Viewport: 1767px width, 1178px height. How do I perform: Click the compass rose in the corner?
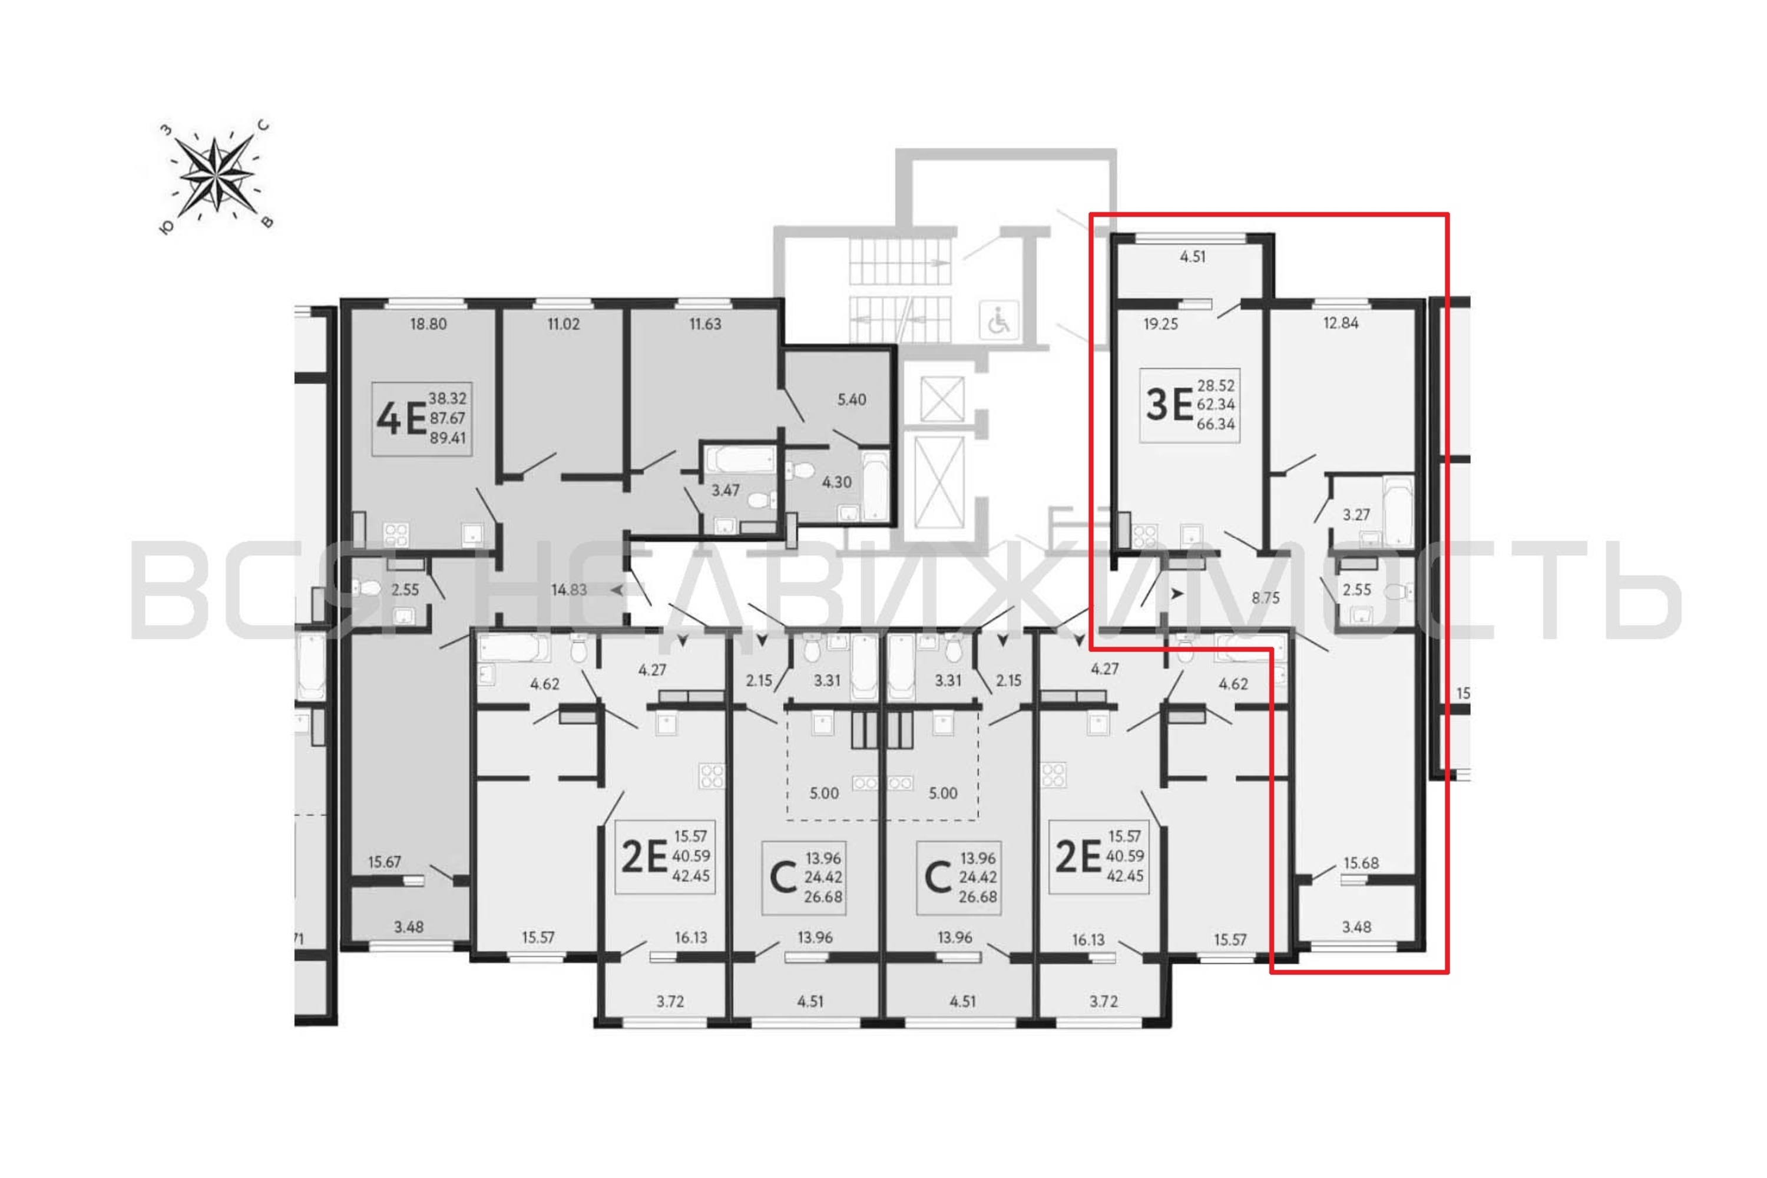(216, 175)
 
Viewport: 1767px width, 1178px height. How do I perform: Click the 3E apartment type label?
(1169, 406)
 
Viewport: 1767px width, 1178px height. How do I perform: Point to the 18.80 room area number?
(428, 325)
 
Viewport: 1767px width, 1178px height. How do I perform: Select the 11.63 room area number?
(704, 325)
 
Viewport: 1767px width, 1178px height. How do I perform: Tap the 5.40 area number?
(851, 400)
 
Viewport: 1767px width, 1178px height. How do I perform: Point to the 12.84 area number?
(1341, 324)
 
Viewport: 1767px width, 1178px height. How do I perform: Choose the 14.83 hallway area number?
(569, 590)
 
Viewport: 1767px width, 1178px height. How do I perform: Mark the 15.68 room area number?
(1361, 863)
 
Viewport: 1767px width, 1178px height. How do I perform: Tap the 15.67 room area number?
(384, 862)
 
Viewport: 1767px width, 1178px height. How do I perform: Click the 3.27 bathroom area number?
(1356, 515)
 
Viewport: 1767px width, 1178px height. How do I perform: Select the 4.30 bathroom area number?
(836, 482)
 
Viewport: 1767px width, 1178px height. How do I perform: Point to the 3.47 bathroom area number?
(726, 491)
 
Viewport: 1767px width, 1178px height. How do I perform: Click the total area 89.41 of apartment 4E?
(448, 437)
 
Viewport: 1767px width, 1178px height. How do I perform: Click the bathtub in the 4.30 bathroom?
(875, 486)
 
